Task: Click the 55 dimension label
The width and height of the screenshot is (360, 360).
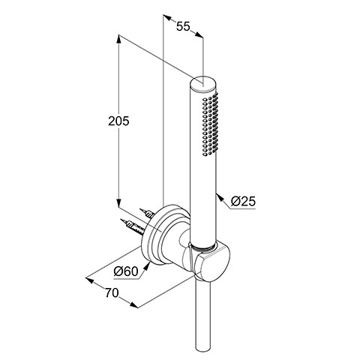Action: pos(183,26)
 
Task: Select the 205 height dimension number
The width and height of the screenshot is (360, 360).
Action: pos(118,121)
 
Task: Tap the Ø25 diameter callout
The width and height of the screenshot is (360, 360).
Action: pos(243,201)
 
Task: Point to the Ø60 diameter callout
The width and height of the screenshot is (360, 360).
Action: pos(126,271)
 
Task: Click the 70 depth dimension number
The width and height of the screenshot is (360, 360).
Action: pos(112,292)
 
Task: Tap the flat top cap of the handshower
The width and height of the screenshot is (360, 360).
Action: pos(202,82)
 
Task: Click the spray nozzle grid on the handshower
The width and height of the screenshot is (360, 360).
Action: pos(210,124)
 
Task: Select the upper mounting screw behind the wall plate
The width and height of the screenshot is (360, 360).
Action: pos(147,213)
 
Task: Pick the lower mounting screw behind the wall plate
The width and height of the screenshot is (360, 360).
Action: pos(132,226)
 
